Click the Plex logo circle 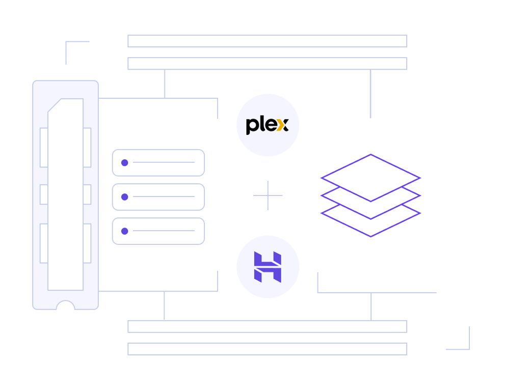coord(268,125)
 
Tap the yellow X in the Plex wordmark coord(282,125)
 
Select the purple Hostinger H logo coord(268,267)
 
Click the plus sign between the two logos coord(268,195)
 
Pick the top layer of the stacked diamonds coord(371,178)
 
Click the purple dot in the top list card coord(124,162)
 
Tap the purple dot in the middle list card coord(124,197)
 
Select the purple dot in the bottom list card coord(124,231)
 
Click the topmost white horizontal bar coord(267,41)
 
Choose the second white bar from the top coord(267,64)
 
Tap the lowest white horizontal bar coord(267,349)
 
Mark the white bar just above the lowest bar coord(267,326)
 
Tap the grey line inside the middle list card coord(164,197)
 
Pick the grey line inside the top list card coord(164,162)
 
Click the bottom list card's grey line coord(164,231)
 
